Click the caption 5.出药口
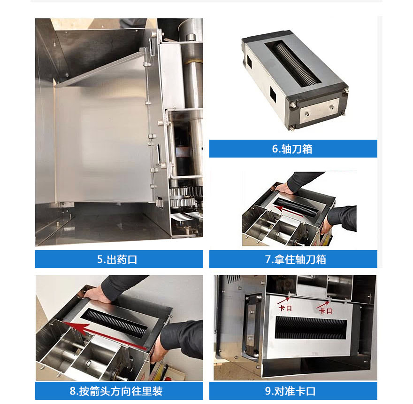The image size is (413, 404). click(119, 259)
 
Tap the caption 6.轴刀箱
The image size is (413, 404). click(293, 149)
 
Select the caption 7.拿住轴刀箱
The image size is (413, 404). click(293, 259)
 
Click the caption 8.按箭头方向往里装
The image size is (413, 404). click(119, 391)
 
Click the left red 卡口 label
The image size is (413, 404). click(285, 309)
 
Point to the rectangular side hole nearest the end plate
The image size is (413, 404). click(272, 95)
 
